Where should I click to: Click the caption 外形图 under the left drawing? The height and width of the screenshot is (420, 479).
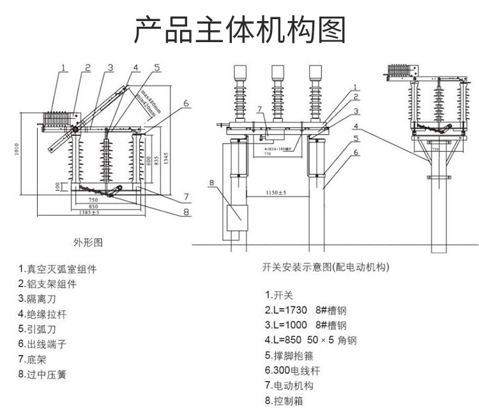(x=88, y=243)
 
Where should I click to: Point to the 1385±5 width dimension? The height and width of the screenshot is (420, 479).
(x=93, y=212)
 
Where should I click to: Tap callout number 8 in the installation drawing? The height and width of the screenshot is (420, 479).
(x=211, y=183)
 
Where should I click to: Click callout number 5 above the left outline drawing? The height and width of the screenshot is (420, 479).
(x=156, y=67)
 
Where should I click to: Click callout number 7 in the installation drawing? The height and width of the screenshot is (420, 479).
(x=260, y=109)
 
